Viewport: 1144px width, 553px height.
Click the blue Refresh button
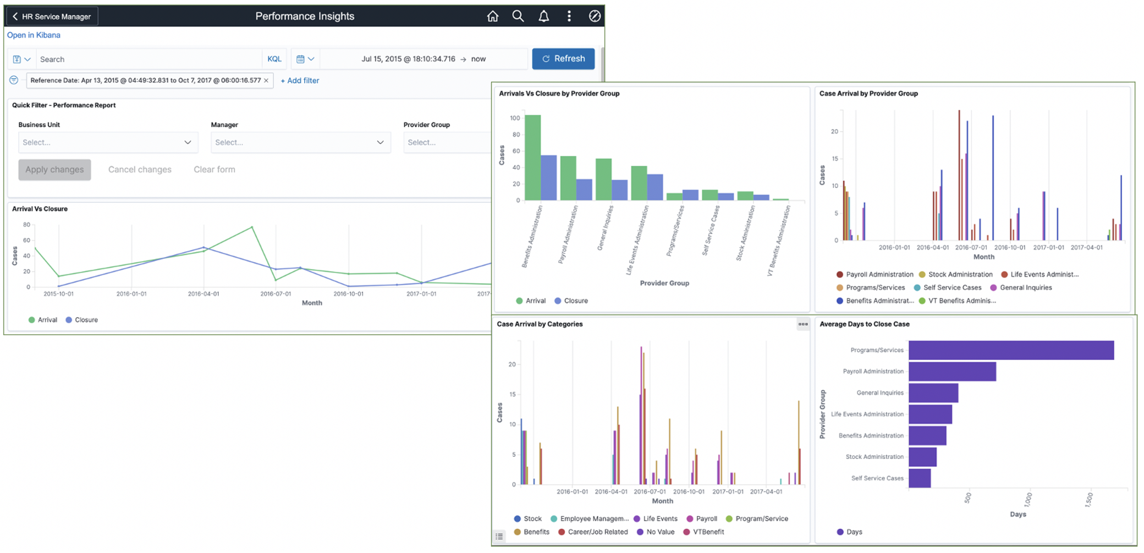563,59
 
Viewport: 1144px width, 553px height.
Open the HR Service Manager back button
52,16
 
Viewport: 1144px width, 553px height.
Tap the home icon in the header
493,16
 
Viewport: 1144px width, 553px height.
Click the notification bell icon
543,16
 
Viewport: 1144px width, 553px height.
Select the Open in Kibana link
34,35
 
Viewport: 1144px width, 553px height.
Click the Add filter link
300,81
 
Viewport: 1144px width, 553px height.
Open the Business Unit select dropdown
108,142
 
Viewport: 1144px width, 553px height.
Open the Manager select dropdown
300,142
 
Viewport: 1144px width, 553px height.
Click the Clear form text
214,169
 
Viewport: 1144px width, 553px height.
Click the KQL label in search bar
274,59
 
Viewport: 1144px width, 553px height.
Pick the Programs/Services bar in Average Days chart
1011,350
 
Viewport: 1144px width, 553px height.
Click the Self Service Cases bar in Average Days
920,478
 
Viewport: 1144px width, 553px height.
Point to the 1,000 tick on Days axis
1028,499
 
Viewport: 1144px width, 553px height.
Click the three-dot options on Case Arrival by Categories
803,324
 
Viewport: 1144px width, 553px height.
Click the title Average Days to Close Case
864,324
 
